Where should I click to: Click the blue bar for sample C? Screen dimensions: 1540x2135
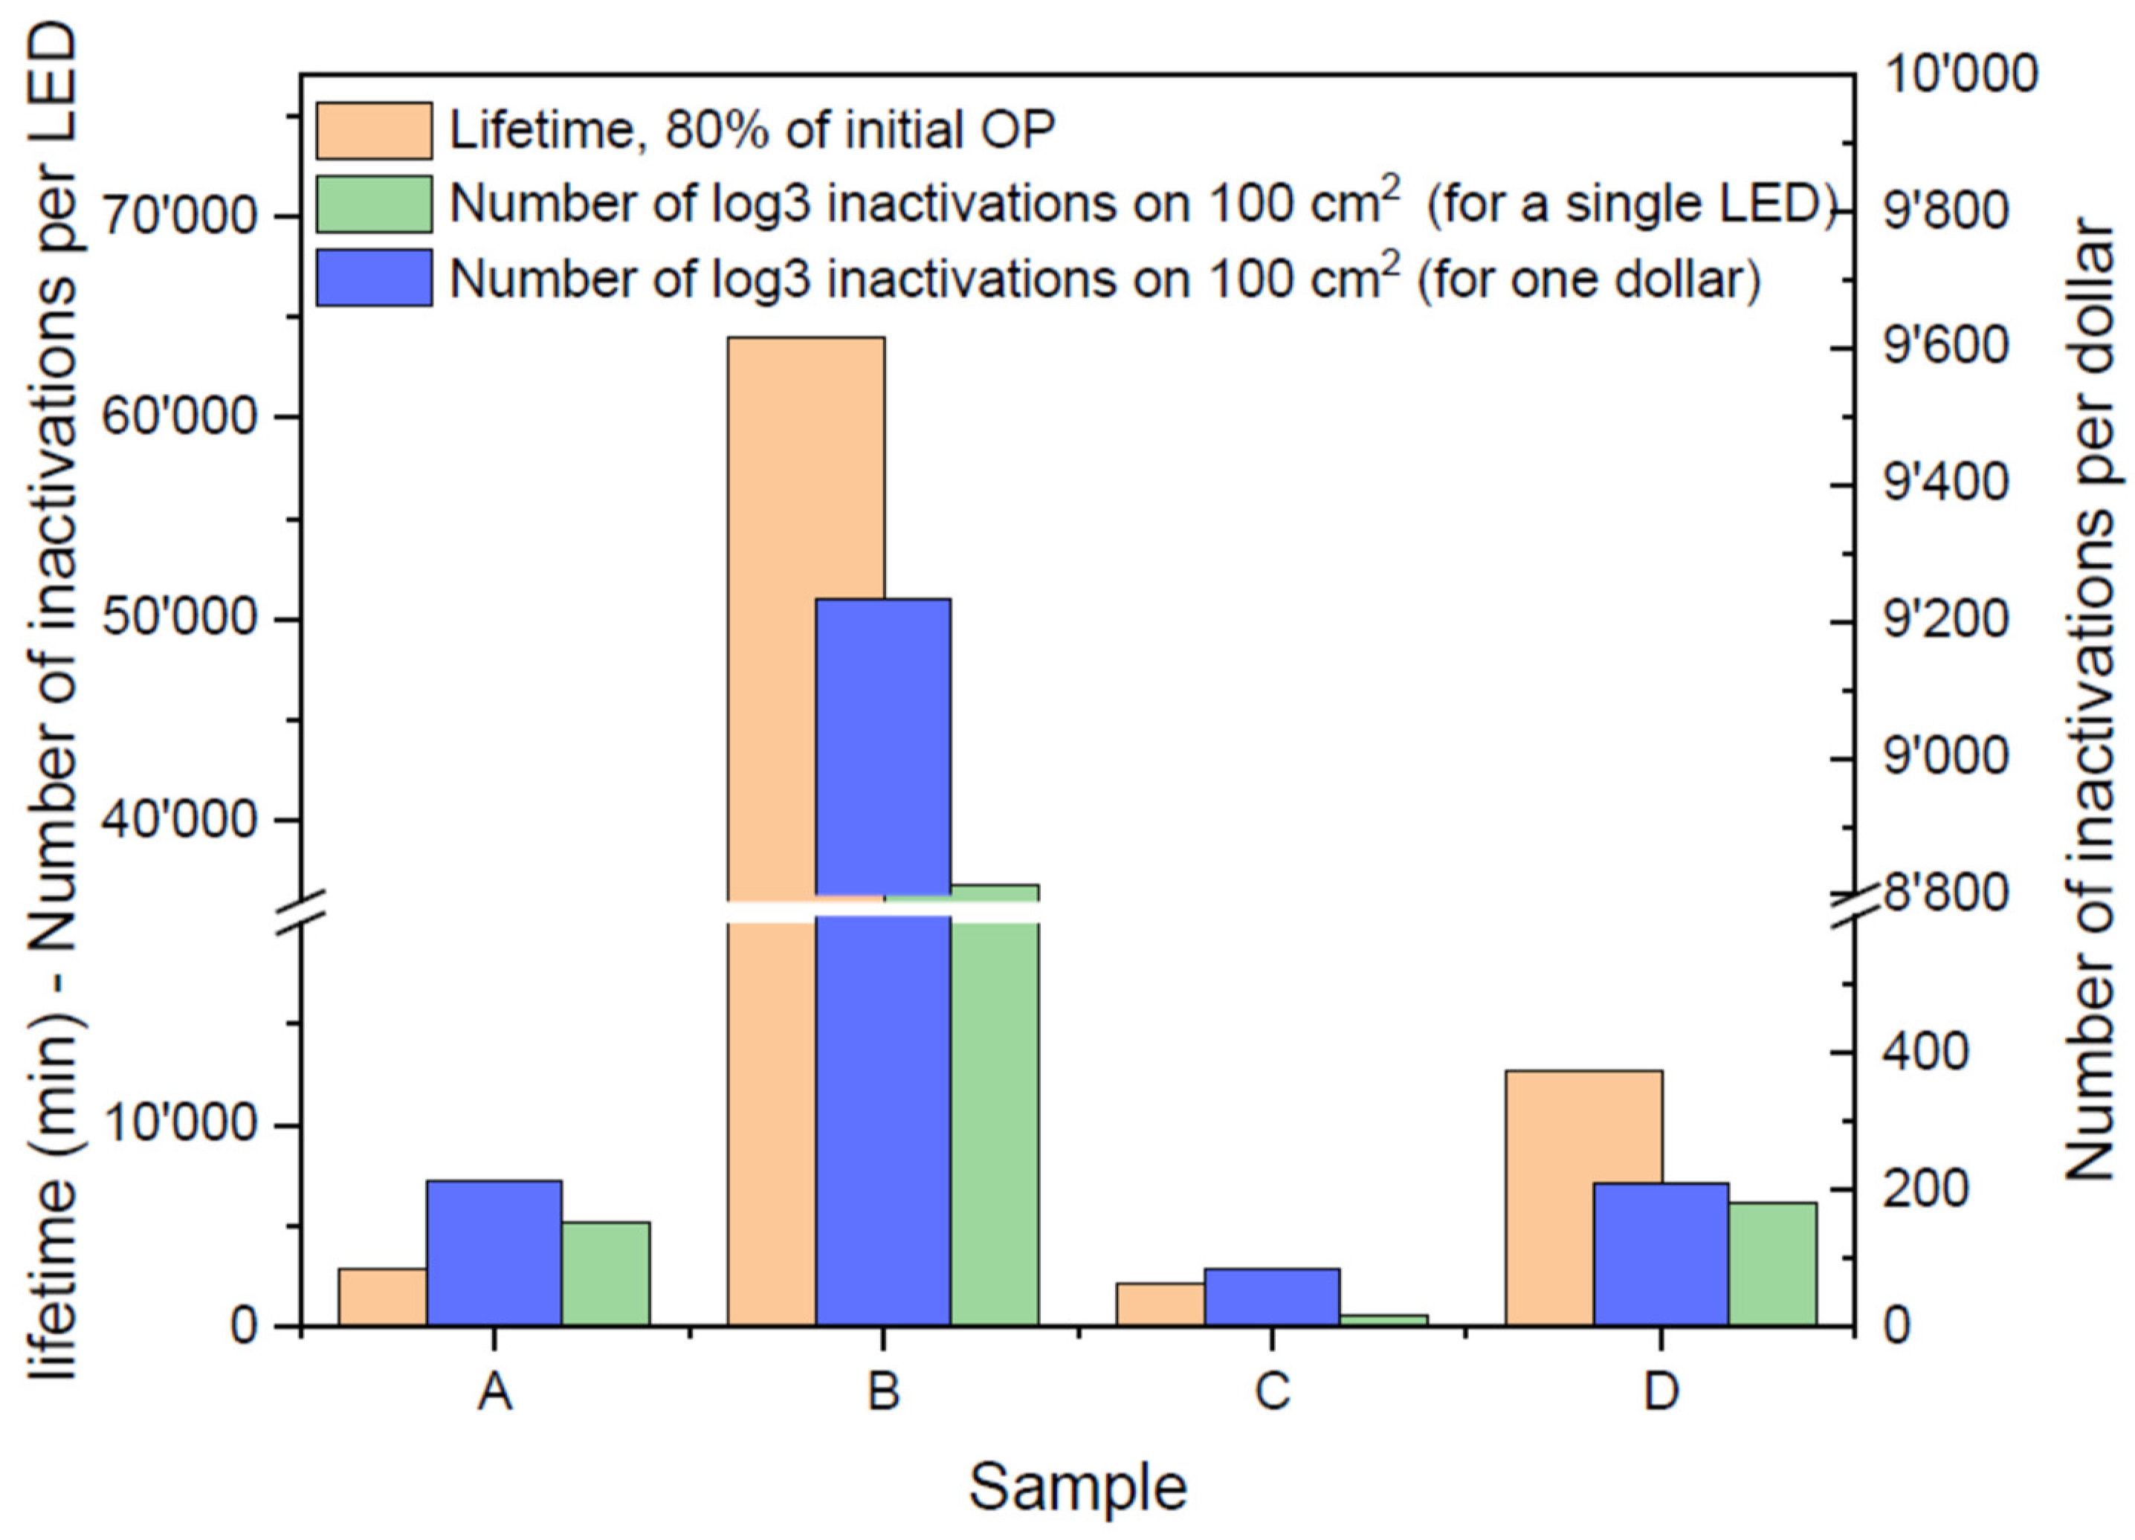click(x=1272, y=1297)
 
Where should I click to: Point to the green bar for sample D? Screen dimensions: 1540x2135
click(x=1771, y=1264)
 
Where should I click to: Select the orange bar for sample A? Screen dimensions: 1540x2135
click(x=382, y=1297)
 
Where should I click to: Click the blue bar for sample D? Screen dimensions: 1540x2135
click(x=1661, y=1254)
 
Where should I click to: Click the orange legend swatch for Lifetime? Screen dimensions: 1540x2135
click(x=374, y=131)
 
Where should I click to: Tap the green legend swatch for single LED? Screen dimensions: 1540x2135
click(x=374, y=204)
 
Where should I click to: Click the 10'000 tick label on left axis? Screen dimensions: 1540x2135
click(x=179, y=1126)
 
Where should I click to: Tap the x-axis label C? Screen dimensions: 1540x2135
click(x=1272, y=1391)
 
